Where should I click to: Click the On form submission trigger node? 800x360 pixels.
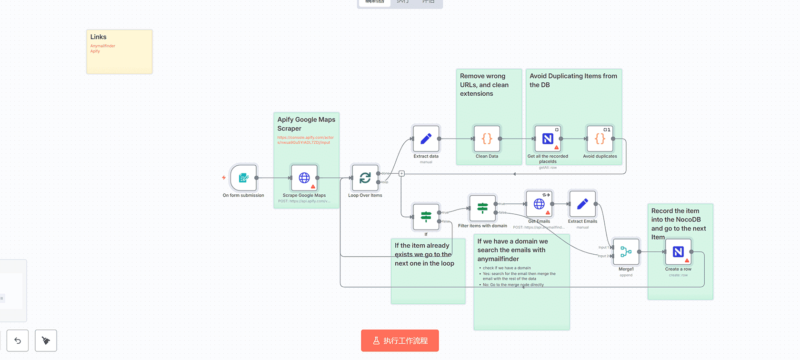(243, 178)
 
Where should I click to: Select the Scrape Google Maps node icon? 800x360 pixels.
(304, 178)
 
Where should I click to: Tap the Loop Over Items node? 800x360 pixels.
(365, 178)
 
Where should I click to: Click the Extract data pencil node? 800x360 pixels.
(426, 139)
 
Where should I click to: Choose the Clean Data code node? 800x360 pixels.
(487, 139)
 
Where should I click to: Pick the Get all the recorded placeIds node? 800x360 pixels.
(548, 139)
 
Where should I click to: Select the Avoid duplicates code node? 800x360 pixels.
(600, 139)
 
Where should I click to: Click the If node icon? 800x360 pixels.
(426, 217)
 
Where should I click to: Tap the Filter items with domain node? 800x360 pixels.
(482, 208)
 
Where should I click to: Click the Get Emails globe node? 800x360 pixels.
(539, 204)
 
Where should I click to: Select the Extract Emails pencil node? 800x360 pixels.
(582, 204)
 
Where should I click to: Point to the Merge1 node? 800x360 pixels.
(626, 251)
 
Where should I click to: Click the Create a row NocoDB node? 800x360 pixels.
(678, 251)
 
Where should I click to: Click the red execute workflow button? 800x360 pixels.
(400, 340)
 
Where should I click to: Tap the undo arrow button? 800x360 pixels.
(18, 340)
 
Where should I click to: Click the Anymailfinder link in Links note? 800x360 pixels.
(103, 46)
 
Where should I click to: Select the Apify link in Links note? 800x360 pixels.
(95, 51)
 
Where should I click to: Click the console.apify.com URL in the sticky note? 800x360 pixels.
(305, 140)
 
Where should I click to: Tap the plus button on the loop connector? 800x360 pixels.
(401, 173)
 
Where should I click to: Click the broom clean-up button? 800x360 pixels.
(46, 340)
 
